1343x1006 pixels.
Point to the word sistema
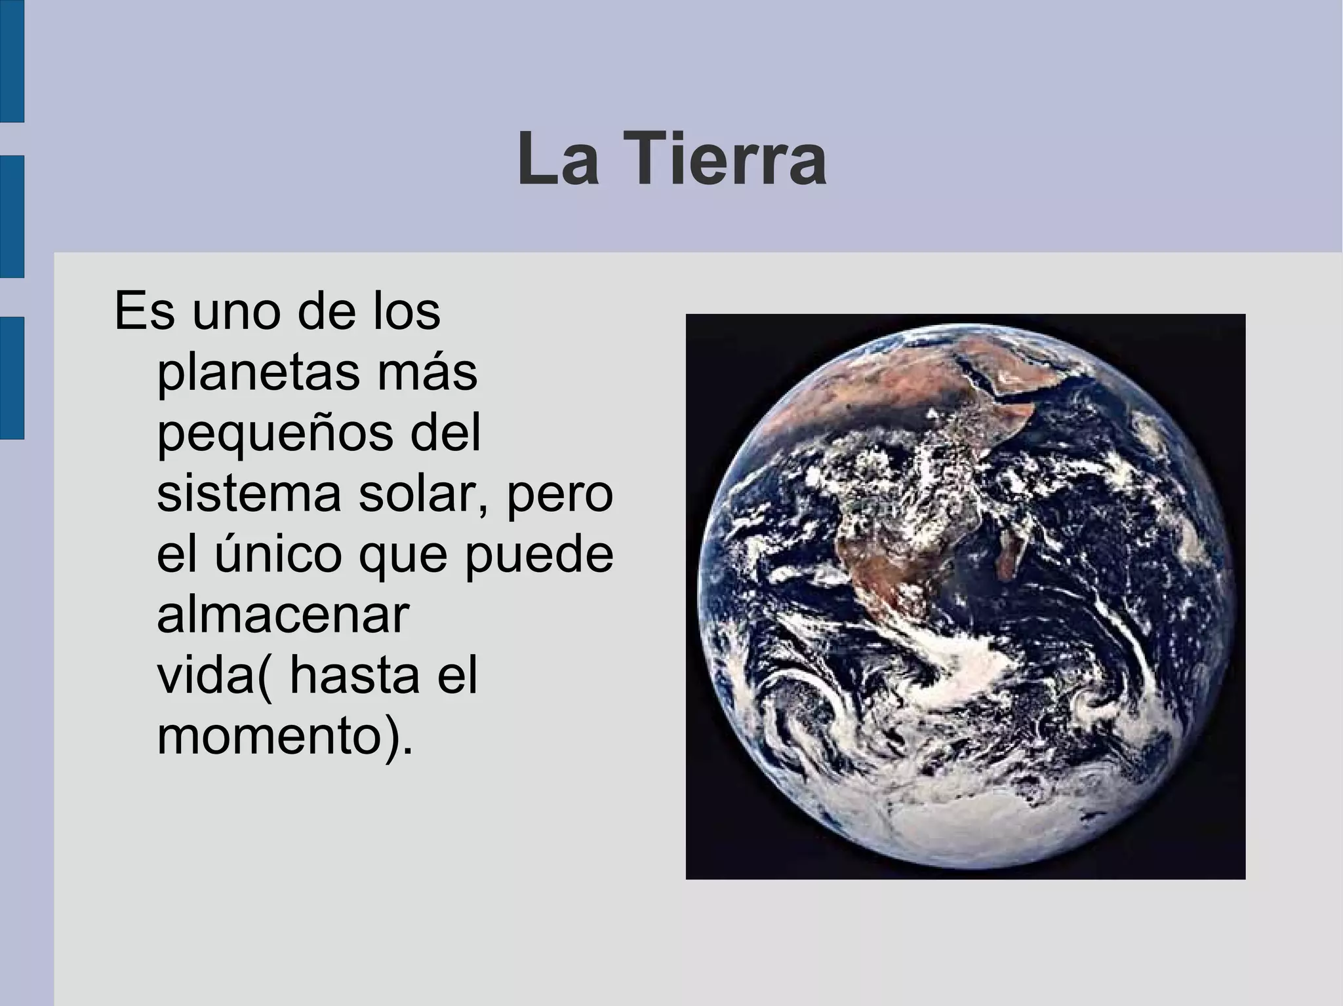pos(249,495)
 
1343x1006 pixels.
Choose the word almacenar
pos(283,615)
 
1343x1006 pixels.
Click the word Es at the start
pos(145,313)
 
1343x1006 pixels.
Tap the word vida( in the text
pos(214,676)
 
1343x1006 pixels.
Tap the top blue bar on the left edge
pos(12,60)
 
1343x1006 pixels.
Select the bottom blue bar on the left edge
pos(12,377)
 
